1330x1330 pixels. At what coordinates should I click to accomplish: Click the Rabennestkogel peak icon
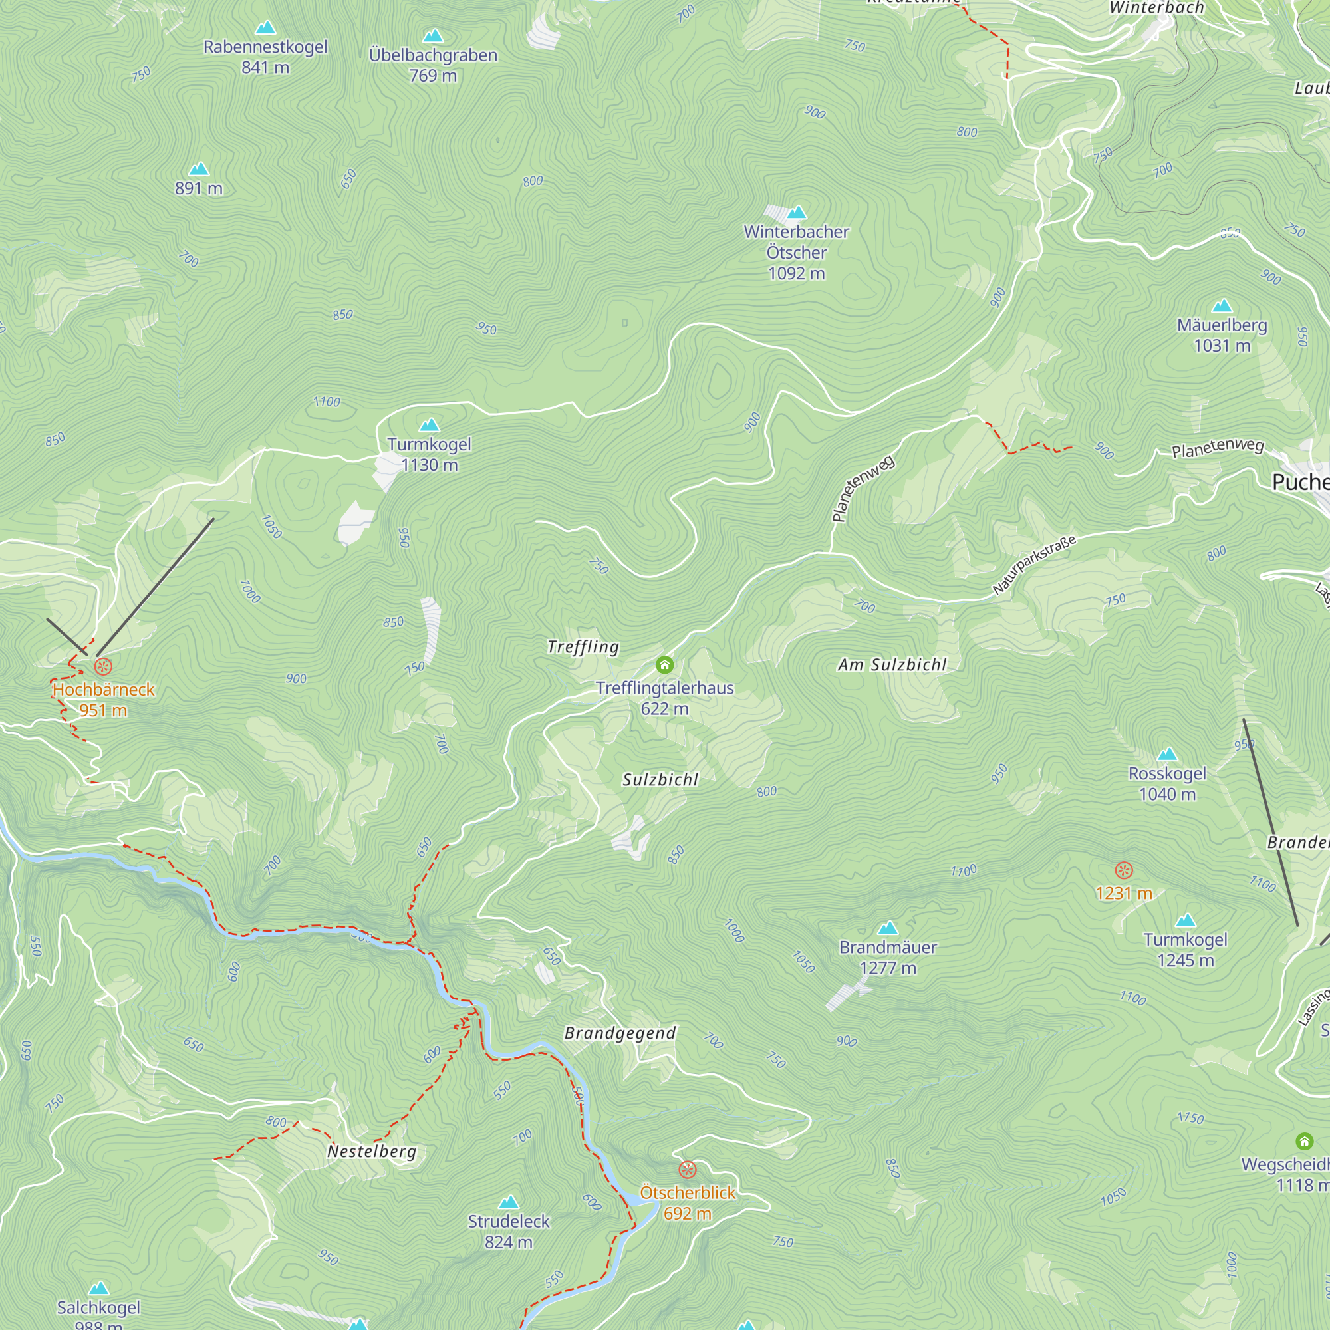[x=265, y=28]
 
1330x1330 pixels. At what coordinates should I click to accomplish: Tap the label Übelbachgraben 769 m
[x=432, y=65]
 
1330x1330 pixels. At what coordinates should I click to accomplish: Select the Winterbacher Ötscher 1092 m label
[x=796, y=252]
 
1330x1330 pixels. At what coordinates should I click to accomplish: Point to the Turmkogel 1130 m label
[x=429, y=454]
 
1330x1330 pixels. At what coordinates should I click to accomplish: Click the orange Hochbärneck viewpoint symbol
[x=103, y=666]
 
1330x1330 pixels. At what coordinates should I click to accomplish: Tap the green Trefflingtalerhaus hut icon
[x=664, y=664]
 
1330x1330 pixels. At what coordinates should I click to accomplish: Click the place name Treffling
[x=583, y=646]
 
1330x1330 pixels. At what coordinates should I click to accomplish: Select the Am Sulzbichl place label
[x=892, y=664]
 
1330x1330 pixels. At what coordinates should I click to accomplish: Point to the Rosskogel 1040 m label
[x=1167, y=783]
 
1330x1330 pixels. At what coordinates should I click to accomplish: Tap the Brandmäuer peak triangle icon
[x=888, y=928]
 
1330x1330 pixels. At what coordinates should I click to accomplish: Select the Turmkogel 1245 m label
[x=1185, y=950]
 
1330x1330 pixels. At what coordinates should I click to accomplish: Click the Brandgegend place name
[x=620, y=1033]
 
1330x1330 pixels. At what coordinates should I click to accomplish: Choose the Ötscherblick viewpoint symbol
[x=687, y=1170]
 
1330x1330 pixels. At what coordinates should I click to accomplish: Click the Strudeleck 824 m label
[x=508, y=1232]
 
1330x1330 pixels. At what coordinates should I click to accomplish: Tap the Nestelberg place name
[x=372, y=1151]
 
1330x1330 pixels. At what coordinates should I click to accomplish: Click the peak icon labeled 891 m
[x=199, y=169]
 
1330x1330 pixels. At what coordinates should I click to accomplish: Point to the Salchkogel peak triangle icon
[x=98, y=1288]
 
